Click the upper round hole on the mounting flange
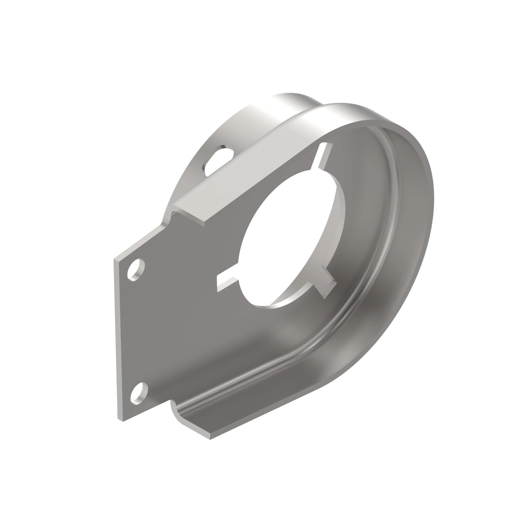click(136, 270)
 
